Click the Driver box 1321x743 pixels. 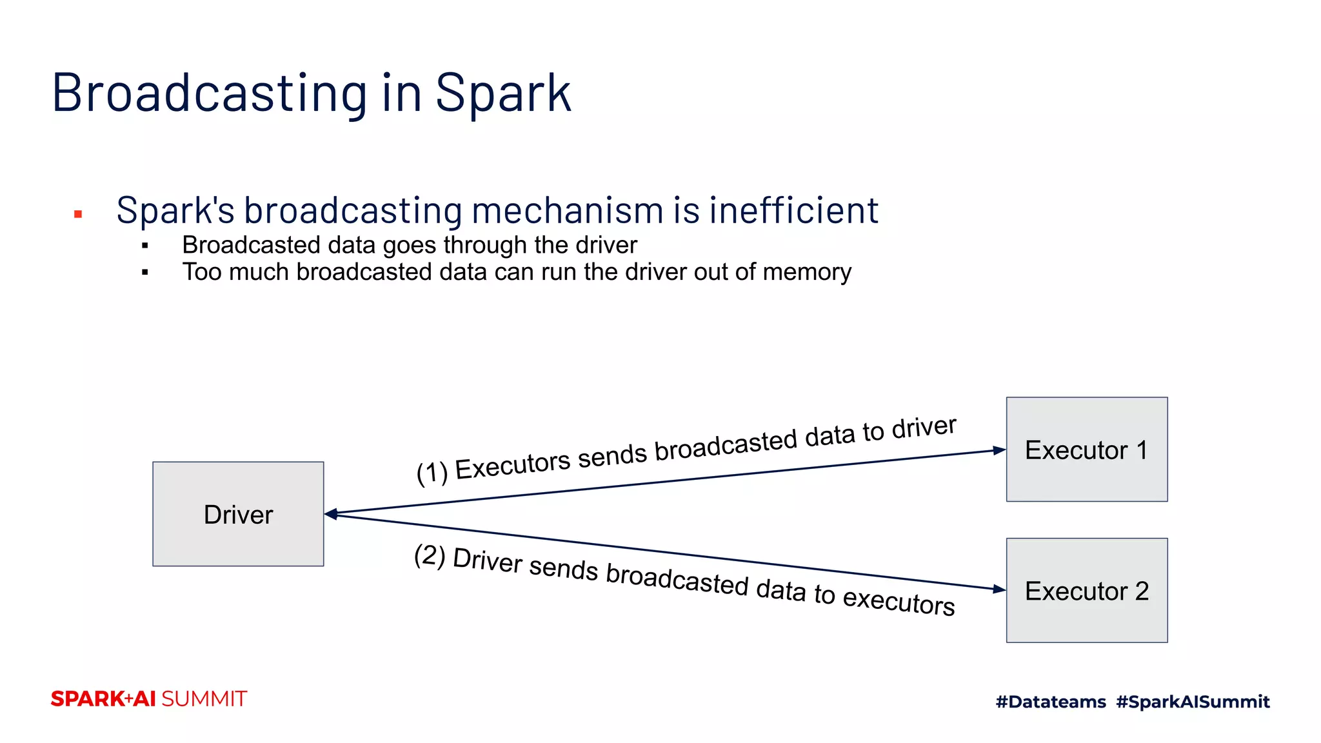pyautogui.click(x=238, y=514)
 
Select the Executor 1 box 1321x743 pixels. pyautogui.click(x=1086, y=450)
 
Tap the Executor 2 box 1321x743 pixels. pyautogui.click(x=1086, y=590)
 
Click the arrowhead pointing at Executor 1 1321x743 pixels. pyautogui.click(x=999, y=450)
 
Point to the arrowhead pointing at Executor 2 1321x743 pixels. pyautogui.click(x=999, y=589)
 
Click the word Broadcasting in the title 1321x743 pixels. pyautogui.click(x=210, y=93)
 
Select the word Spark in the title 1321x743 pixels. pyautogui.click(x=503, y=93)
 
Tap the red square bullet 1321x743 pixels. pyautogui.click(x=78, y=214)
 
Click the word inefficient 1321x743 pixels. pyautogui.click(x=793, y=210)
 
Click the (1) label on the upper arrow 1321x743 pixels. pyautogui.click(x=432, y=473)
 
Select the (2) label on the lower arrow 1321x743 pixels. pyautogui.click(x=430, y=555)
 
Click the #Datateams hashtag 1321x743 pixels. pyautogui.click(x=1051, y=702)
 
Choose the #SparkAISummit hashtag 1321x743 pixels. pyautogui.click(x=1193, y=702)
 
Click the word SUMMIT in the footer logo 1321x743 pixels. pyautogui.click(x=204, y=699)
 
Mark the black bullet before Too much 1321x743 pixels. pyautogui.click(x=145, y=273)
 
